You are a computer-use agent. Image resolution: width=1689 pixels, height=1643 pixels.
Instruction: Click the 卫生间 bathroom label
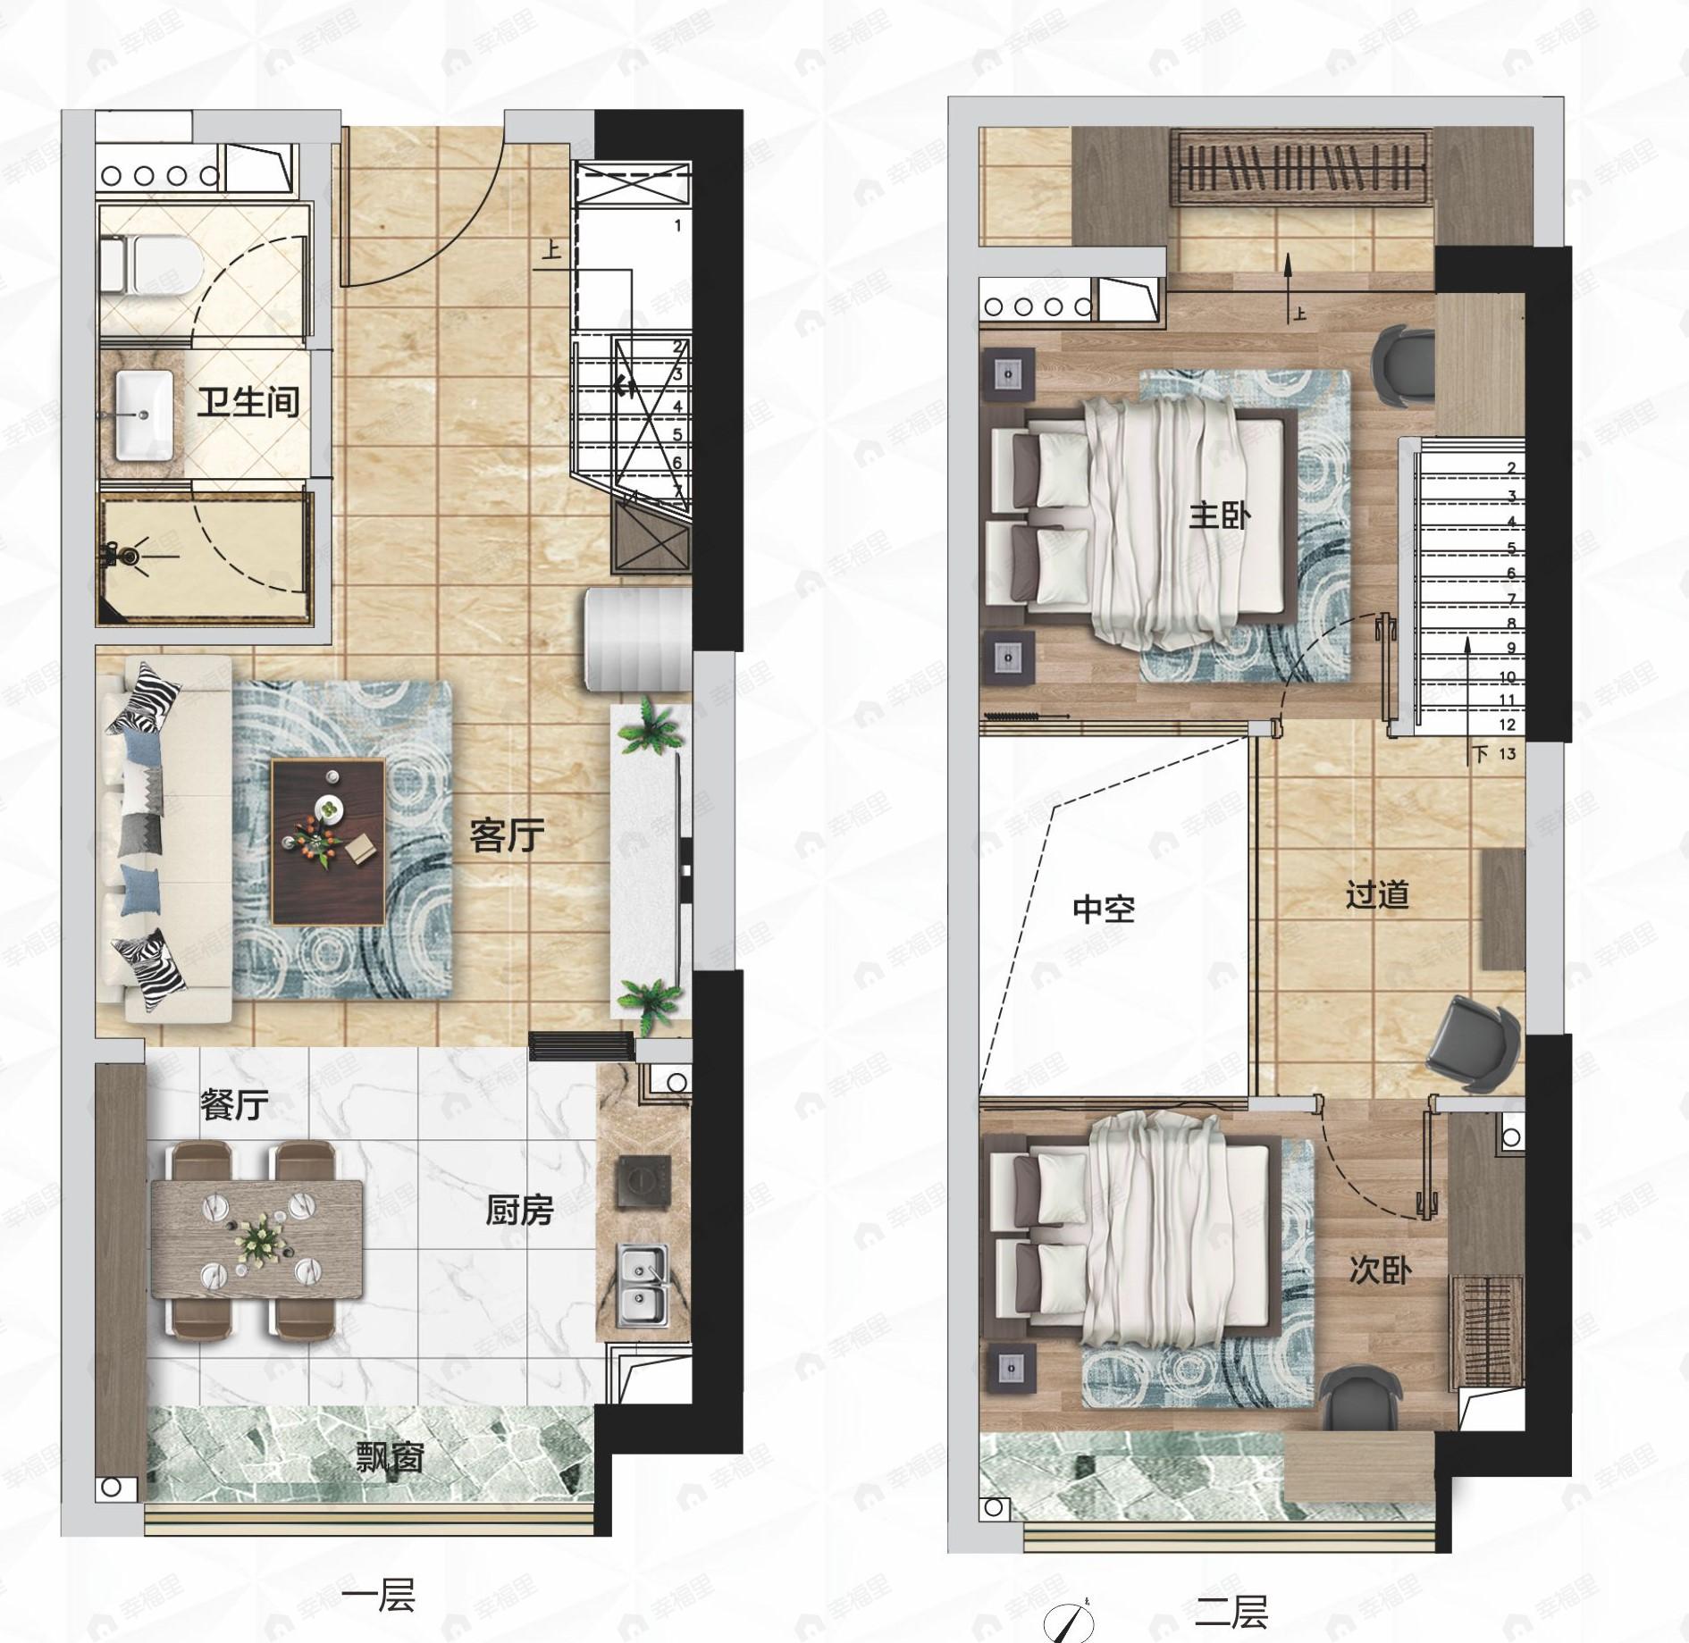click(x=248, y=403)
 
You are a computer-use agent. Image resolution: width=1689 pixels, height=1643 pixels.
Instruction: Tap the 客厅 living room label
click(x=507, y=836)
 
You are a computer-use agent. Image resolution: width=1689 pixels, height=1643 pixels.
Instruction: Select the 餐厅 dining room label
click(x=233, y=1105)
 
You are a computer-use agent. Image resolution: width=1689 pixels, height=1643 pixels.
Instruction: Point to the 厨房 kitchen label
click(x=519, y=1211)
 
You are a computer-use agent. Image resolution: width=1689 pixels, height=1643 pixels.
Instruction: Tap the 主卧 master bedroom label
click(x=1219, y=516)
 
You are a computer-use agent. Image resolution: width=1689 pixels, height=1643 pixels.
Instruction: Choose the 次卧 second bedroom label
click(x=1380, y=1270)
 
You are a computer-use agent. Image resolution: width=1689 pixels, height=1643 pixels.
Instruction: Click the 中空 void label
click(x=1104, y=910)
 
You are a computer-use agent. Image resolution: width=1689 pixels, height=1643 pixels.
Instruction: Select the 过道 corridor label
click(x=1377, y=894)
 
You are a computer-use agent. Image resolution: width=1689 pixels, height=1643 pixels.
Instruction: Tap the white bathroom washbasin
click(x=145, y=415)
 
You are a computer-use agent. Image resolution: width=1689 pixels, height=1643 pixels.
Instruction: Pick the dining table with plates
click(x=257, y=1239)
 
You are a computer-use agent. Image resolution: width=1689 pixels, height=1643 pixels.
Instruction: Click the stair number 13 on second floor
click(x=1507, y=753)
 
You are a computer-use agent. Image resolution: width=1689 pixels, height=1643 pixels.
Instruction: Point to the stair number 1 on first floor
click(x=677, y=226)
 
